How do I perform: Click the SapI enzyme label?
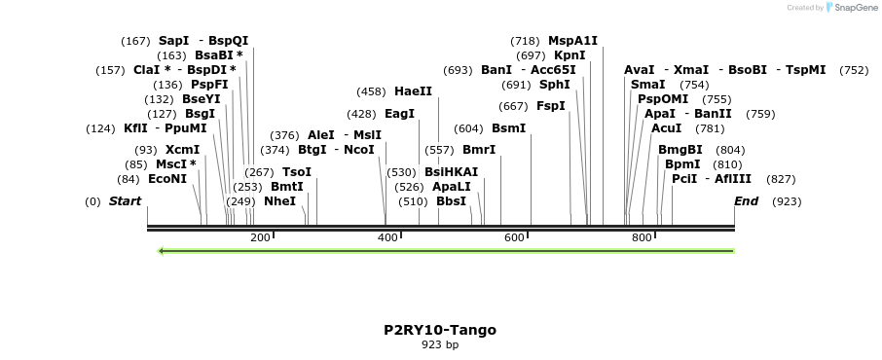[x=173, y=41]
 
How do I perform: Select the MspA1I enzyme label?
[x=572, y=41]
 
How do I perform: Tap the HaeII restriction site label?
[x=413, y=91]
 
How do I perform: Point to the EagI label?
[x=399, y=114]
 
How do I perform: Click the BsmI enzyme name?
[x=508, y=128]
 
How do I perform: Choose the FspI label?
[x=551, y=106]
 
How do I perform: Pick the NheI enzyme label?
[x=279, y=201]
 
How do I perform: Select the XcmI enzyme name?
[x=182, y=150]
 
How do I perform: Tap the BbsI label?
[x=451, y=201]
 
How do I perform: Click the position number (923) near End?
[x=787, y=201]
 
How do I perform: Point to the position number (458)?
[x=371, y=91]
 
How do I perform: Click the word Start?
[x=125, y=201]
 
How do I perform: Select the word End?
[x=747, y=201]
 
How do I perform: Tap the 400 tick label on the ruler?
[x=387, y=238]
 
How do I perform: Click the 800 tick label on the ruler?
[x=641, y=238]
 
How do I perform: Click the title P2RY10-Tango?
[x=440, y=330]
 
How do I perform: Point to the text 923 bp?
[x=440, y=345]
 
